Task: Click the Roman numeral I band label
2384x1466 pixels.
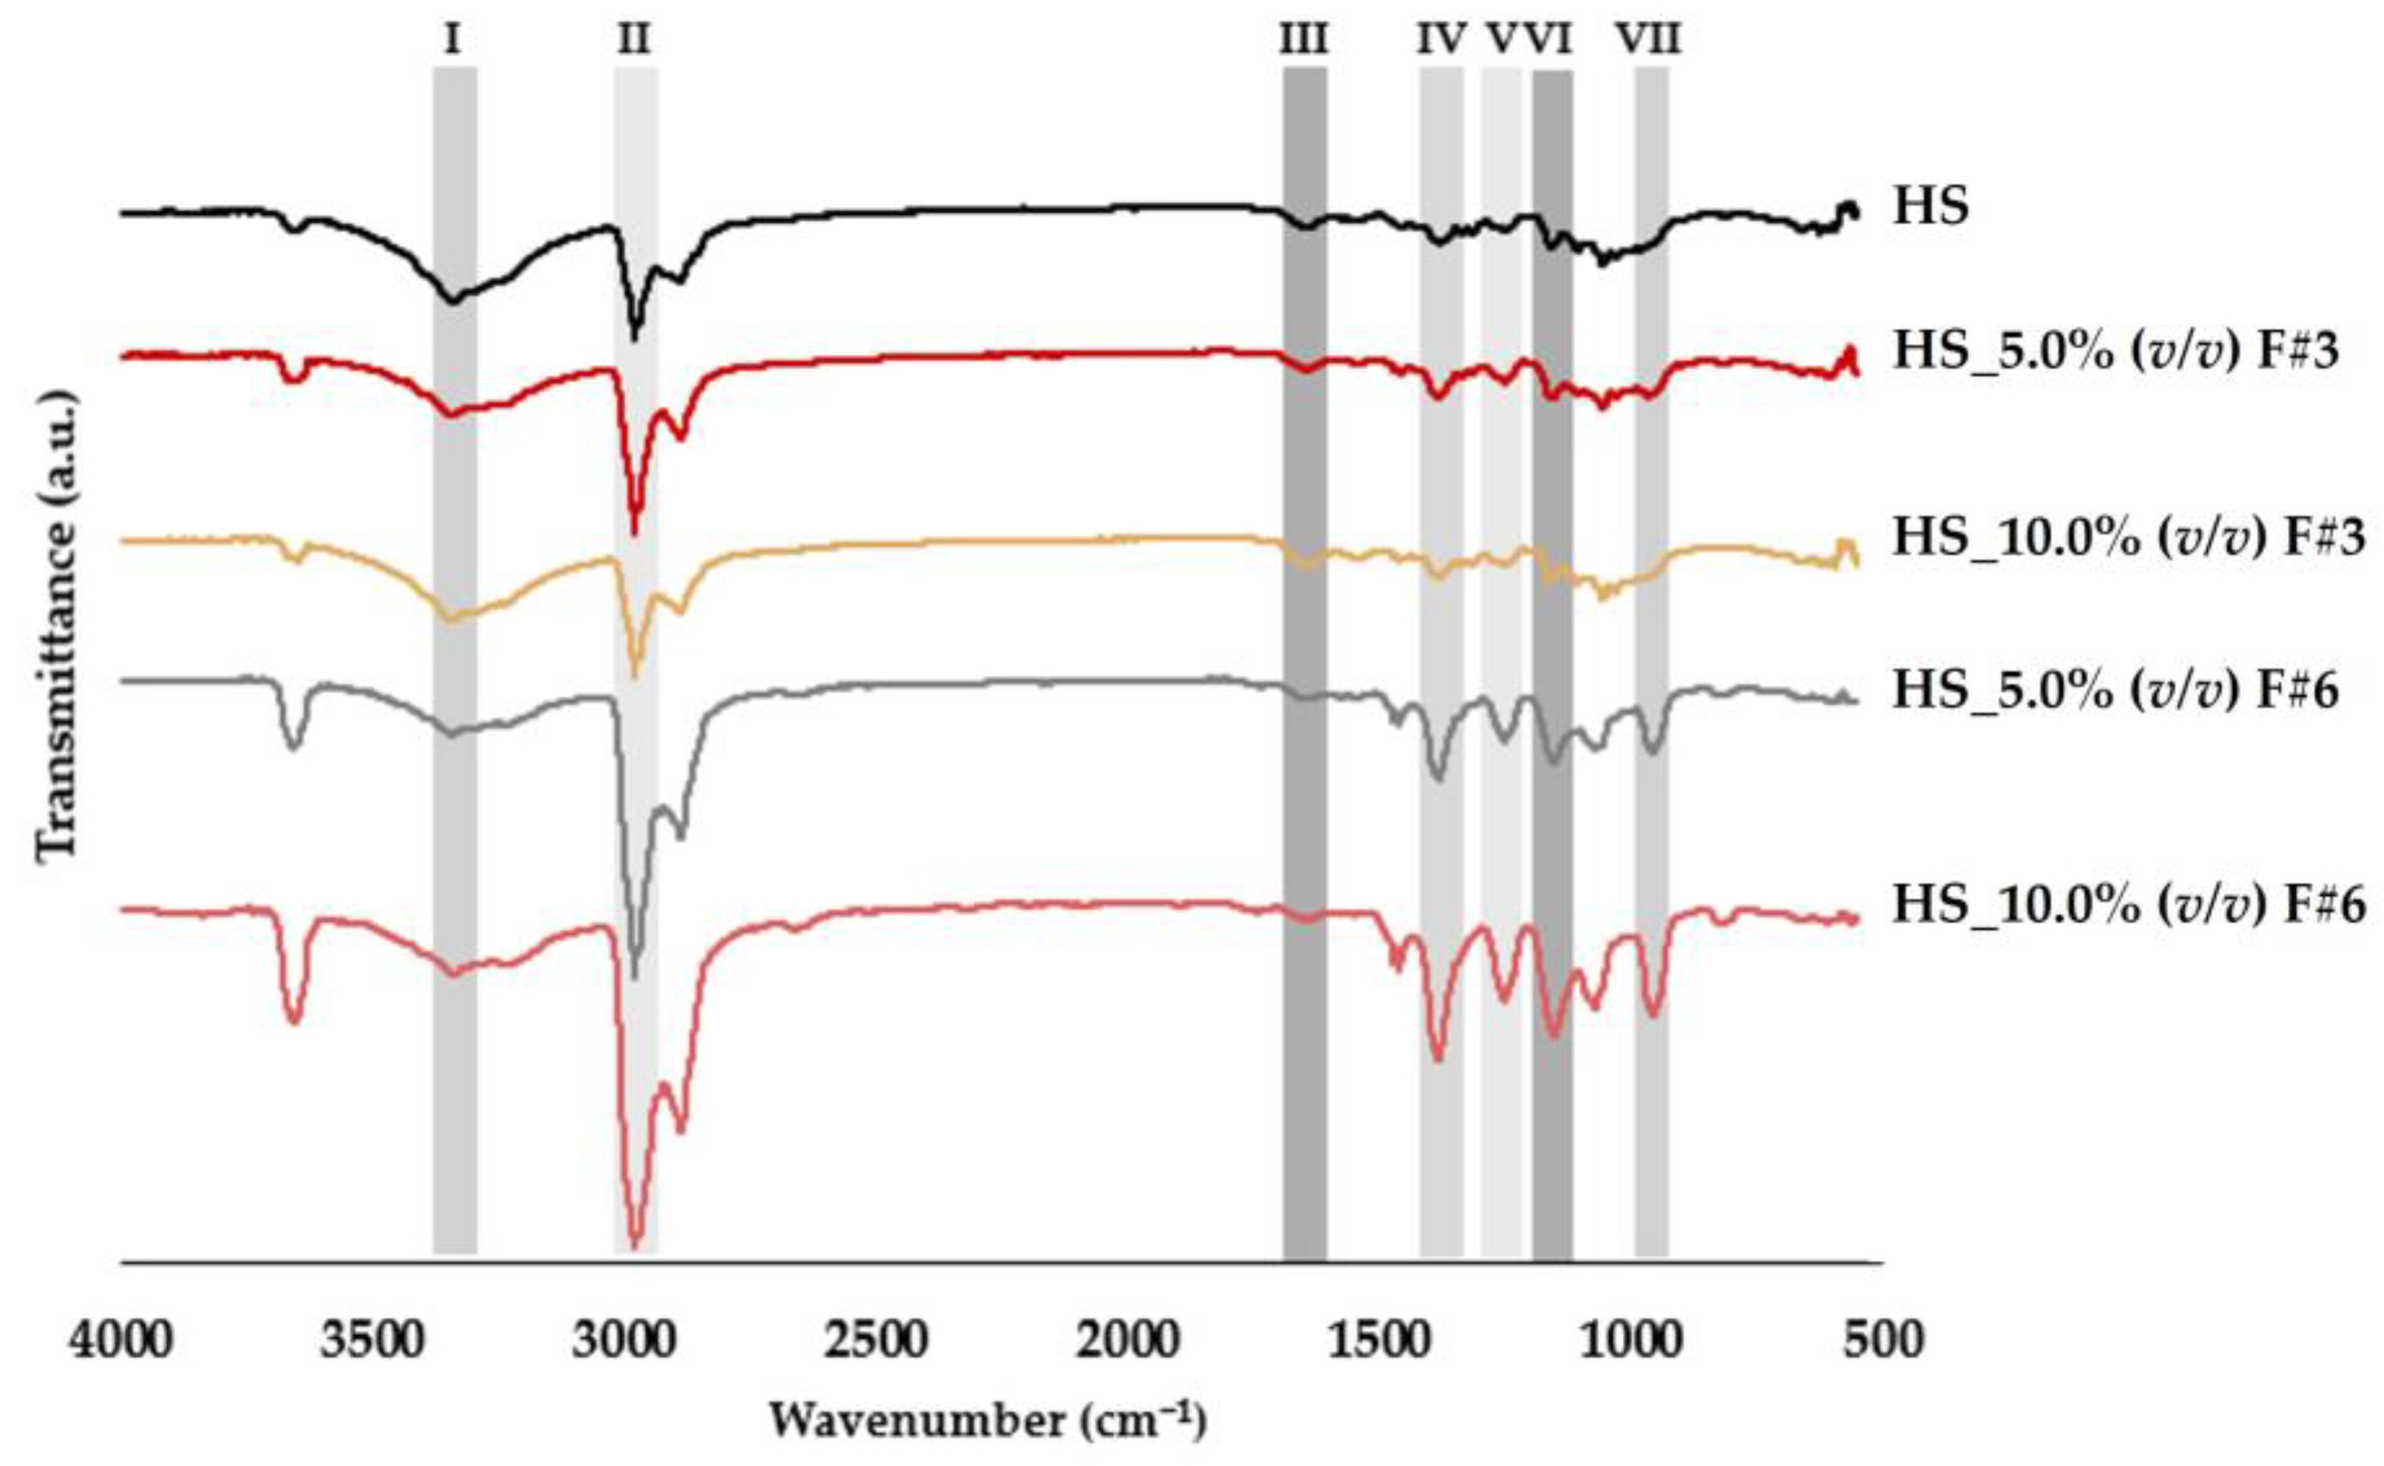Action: pyautogui.click(x=453, y=40)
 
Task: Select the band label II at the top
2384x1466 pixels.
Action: pyautogui.click(x=634, y=40)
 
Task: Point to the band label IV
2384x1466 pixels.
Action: pyautogui.click(x=1440, y=40)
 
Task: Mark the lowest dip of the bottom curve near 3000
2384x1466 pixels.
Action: pyautogui.click(x=635, y=1245)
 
